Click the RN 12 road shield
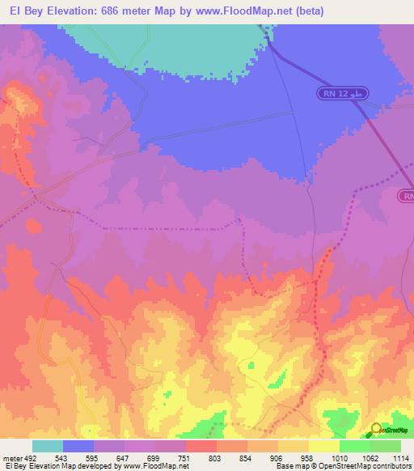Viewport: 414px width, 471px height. point(342,94)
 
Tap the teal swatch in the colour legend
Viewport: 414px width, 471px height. point(47,446)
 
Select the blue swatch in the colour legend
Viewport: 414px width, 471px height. point(78,446)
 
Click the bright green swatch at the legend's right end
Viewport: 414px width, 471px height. point(385,446)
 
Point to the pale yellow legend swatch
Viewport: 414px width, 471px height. point(323,446)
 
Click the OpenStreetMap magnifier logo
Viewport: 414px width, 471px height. point(376,429)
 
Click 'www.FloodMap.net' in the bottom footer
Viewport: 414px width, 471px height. point(157,466)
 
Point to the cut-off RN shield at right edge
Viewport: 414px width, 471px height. point(406,196)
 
